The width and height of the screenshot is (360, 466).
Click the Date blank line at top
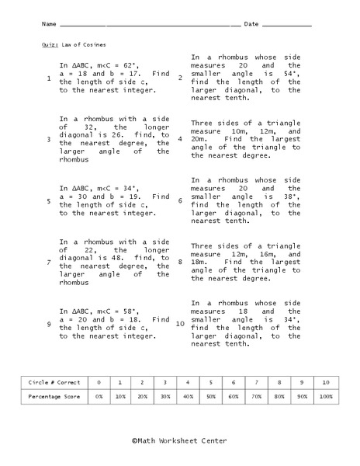(287, 24)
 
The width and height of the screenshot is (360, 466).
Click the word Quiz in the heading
(50, 45)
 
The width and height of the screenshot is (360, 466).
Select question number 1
(48, 78)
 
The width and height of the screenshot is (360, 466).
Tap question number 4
(179, 139)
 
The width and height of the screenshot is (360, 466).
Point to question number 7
(48, 263)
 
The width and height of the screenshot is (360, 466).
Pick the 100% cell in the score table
(326, 396)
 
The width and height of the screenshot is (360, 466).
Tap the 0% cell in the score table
(99, 396)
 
